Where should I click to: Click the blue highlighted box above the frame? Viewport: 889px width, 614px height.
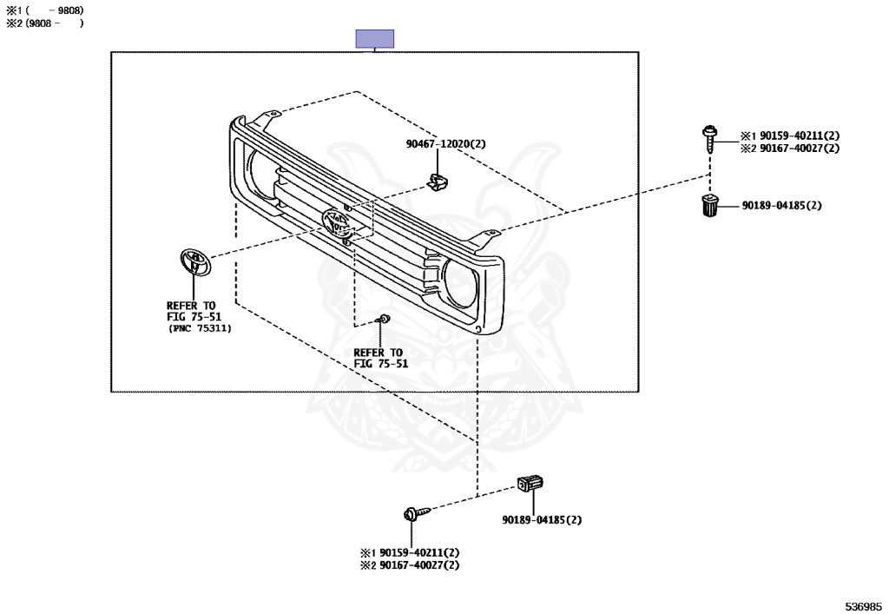tap(375, 38)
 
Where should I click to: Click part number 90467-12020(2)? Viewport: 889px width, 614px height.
tap(445, 144)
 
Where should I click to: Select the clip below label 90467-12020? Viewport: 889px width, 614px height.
tap(438, 182)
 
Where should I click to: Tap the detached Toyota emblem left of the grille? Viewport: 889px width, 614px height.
tap(195, 262)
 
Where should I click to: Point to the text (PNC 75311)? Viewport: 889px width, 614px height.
tap(200, 328)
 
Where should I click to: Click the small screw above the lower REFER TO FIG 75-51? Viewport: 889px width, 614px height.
tap(383, 320)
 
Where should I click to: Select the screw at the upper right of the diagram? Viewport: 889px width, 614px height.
tap(709, 139)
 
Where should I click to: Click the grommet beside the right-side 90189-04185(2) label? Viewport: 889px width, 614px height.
tap(709, 205)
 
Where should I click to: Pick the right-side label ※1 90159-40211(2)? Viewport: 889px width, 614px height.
tap(790, 135)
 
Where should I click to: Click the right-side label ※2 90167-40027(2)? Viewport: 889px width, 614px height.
tap(790, 148)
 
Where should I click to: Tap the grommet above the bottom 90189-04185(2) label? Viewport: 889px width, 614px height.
tap(530, 483)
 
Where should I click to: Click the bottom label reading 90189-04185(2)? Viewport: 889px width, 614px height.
tap(542, 519)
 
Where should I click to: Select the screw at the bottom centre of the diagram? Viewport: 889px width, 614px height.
tap(416, 513)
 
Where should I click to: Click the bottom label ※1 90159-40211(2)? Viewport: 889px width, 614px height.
tap(410, 552)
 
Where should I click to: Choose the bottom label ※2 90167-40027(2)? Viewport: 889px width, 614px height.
tap(410, 564)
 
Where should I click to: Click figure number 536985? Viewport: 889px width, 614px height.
tap(864, 606)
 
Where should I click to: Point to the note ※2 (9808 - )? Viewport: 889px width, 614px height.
tap(45, 23)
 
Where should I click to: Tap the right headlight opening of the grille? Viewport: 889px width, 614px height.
tap(460, 283)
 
